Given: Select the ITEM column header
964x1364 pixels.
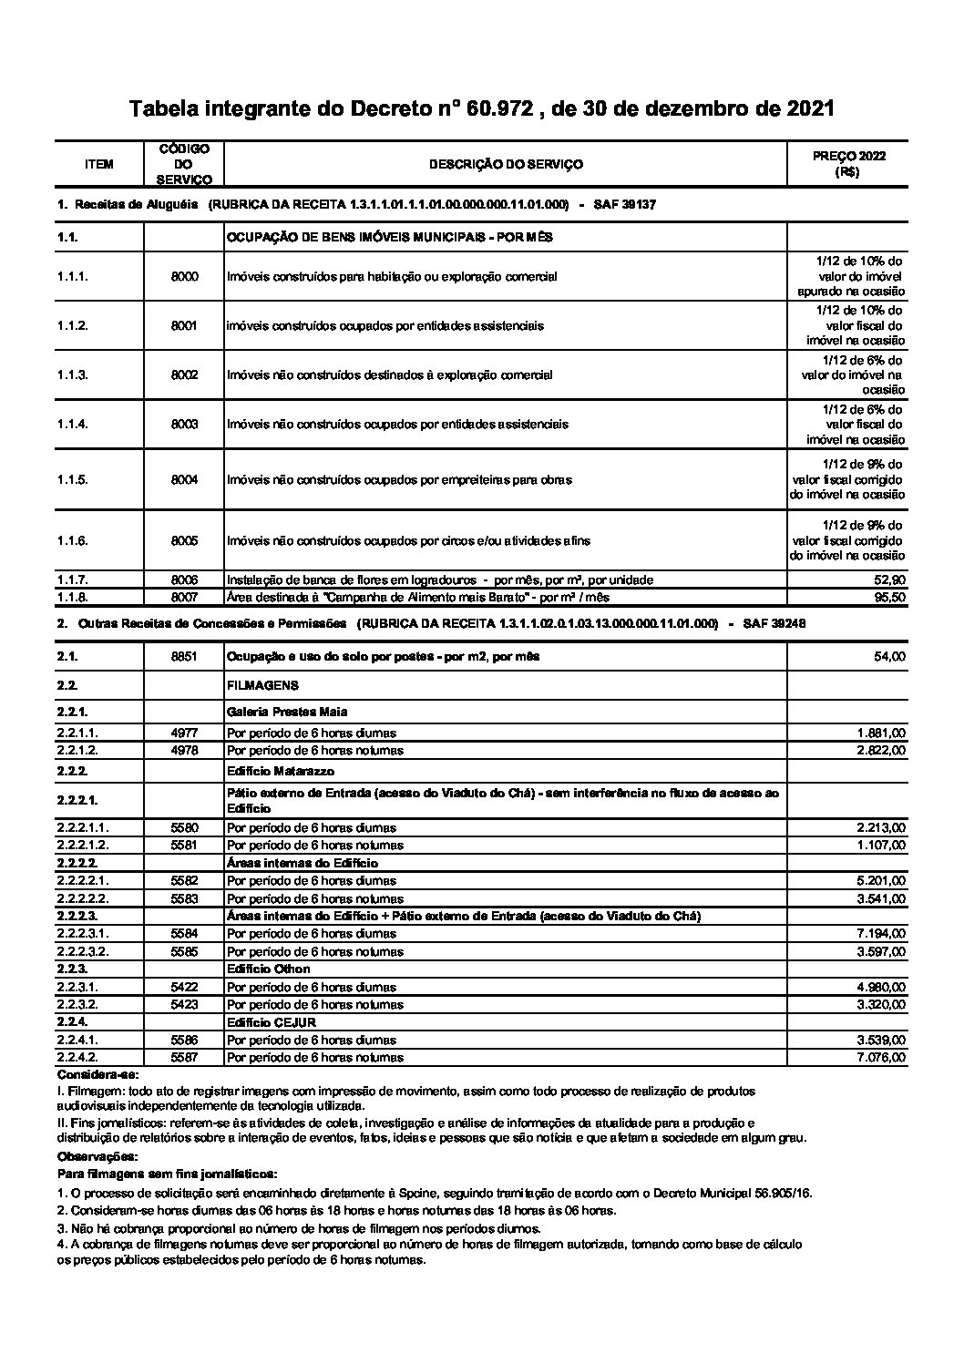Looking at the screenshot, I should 98,165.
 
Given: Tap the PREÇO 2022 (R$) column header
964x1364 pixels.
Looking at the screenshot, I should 847,164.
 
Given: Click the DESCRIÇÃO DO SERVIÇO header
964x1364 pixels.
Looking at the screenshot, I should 506,165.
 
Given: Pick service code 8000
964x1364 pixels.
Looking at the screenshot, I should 184,276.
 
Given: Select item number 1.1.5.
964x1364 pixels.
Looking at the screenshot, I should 72,479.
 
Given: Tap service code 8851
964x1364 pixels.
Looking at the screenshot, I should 184,656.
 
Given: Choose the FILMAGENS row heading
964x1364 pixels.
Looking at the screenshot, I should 262,685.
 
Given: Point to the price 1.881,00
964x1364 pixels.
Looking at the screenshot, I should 881,733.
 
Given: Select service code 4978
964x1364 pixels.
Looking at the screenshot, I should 184,751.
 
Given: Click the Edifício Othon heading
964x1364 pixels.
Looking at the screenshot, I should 268,969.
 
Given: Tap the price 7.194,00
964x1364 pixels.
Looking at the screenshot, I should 881,934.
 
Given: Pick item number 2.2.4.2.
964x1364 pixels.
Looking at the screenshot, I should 77,1058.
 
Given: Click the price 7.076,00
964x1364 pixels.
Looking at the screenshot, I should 881,1058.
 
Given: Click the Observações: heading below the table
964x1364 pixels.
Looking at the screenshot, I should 96,1156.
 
